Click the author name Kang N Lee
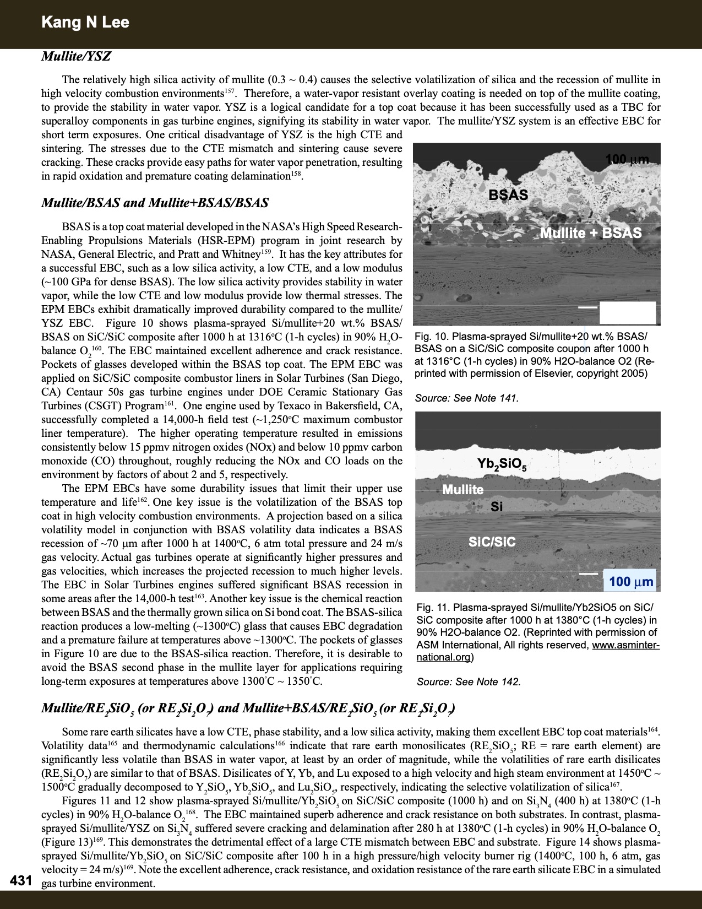tap(85, 23)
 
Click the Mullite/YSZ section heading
tap(76, 56)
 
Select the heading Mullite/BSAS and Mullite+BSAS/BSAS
tap(155, 203)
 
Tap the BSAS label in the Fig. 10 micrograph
tap(508, 194)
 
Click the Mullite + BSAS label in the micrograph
tap(590, 232)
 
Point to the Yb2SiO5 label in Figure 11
tap(502, 465)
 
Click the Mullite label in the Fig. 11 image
tap(462, 489)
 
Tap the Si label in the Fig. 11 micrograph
tap(496, 507)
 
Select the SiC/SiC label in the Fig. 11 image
tap(492, 542)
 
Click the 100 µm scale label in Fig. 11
tap(630, 581)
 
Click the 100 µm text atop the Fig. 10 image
tap(627, 160)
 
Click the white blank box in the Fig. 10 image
tap(627, 312)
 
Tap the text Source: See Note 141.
tap(466, 398)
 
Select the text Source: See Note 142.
tap(468, 681)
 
